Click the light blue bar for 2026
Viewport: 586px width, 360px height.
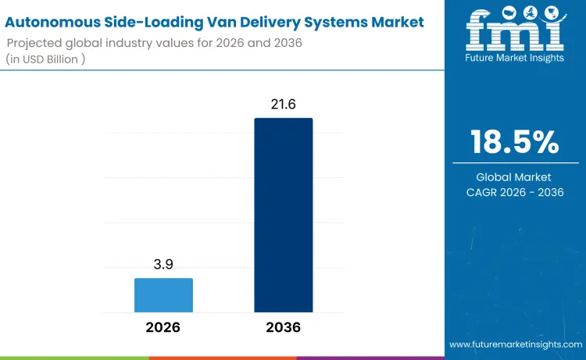(163, 295)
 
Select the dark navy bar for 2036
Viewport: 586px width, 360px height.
(283, 215)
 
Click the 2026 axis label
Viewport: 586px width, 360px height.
(163, 327)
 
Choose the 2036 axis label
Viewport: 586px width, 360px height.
(283, 327)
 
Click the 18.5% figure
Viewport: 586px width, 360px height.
(515, 142)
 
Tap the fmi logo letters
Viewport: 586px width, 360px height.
(515, 30)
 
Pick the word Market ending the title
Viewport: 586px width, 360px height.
(394, 22)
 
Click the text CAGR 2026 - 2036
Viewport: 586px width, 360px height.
(515, 192)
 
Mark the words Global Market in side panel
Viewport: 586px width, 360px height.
(515, 177)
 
